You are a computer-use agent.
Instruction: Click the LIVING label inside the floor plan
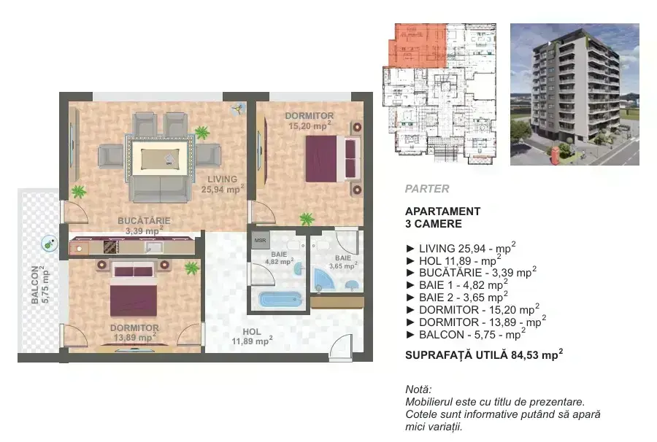coord(223,179)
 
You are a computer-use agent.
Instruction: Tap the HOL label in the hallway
coord(252,331)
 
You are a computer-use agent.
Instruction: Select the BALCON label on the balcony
coord(35,284)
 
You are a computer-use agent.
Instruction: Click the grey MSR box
coord(260,241)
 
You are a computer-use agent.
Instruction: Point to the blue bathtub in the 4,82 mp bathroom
coord(280,299)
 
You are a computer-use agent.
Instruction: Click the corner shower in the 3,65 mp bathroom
coord(323,279)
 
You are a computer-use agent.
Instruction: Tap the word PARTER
coord(427,189)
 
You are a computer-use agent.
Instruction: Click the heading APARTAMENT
coord(443,212)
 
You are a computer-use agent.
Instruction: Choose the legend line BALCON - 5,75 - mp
coord(466,335)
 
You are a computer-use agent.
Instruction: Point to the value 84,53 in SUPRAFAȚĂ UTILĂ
coord(525,355)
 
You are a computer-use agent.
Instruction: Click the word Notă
coord(418,389)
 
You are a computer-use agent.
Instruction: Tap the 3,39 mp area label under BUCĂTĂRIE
coord(144,230)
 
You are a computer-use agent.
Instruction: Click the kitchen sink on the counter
coord(154,247)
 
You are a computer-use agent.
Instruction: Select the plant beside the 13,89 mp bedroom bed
coord(192,268)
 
